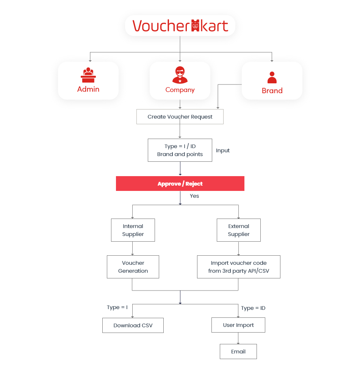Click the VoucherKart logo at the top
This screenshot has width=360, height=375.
click(x=180, y=26)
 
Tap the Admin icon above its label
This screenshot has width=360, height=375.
click(x=88, y=75)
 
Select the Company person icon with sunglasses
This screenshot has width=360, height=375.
click(x=180, y=75)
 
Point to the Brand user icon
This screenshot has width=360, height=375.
click(x=272, y=78)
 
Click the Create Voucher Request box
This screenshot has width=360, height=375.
click(x=180, y=117)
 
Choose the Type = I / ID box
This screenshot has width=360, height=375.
click(x=180, y=150)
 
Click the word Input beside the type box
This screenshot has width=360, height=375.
click(x=223, y=151)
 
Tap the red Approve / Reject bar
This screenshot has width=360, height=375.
click(x=180, y=183)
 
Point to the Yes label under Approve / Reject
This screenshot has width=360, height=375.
click(x=194, y=196)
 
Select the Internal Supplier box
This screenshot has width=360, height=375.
click(x=133, y=230)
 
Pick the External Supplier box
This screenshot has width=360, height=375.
click(x=239, y=230)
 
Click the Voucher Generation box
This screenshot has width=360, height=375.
click(x=133, y=267)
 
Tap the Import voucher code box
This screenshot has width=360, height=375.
click(x=239, y=267)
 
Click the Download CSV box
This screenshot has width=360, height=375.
click(x=133, y=325)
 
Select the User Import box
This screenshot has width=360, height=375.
click(x=238, y=325)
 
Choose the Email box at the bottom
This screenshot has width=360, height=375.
click(x=238, y=352)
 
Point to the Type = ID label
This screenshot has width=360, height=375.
click(x=253, y=308)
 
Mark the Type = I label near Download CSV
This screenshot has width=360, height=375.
click(x=117, y=307)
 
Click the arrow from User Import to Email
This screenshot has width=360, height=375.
click(x=238, y=338)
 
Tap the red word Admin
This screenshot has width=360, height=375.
click(x=88, y=89)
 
